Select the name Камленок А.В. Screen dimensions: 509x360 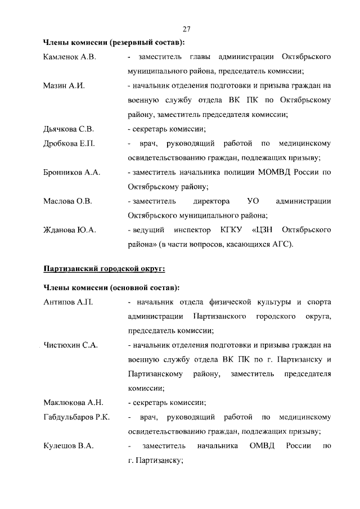(x=67, y=57)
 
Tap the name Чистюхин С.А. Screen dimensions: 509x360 (x=70, y=345)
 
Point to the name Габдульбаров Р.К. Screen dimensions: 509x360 (x=76, y=417)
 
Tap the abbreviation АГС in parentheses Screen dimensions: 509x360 (x=282, y=244)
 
